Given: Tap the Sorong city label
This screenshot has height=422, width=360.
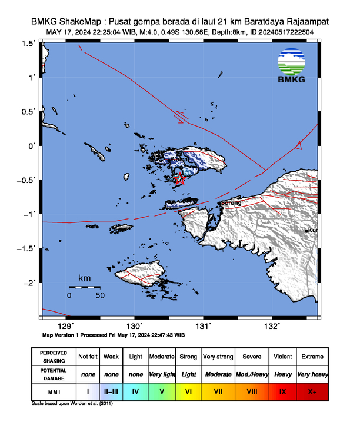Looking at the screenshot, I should click(231, 203).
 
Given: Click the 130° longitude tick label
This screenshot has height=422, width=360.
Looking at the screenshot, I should click(135, 326).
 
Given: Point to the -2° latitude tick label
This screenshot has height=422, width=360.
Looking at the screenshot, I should click(29, 283).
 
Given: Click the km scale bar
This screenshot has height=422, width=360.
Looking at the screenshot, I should click(84, 287).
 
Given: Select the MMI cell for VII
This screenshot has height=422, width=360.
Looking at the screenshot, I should click(218, 391).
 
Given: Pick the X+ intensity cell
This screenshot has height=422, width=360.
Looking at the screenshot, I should click(312, 391).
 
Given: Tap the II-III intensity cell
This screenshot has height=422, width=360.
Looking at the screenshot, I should click(111, 391).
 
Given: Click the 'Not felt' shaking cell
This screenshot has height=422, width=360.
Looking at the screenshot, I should click(88, 357).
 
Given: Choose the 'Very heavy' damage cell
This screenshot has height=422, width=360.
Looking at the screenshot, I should click(312, 374).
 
